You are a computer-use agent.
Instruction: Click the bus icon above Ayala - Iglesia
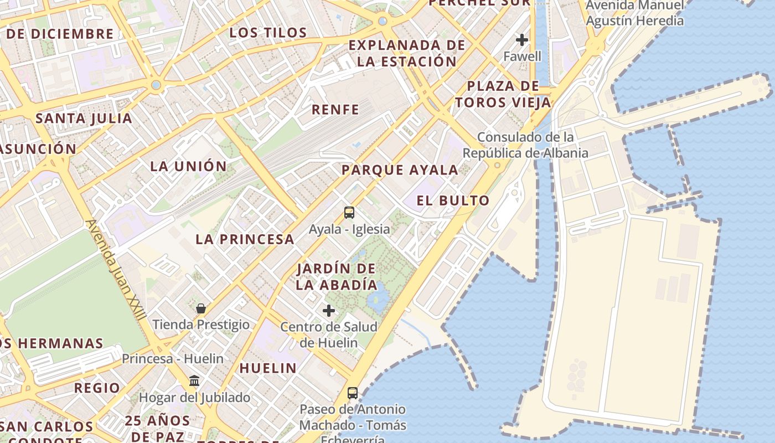[349, 213]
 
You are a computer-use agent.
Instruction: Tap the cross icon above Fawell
[522, 40]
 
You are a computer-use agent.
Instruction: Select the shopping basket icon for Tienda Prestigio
[201, 308]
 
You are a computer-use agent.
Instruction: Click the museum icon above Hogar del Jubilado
[194, 381]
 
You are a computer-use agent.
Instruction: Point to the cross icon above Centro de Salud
[329, 311]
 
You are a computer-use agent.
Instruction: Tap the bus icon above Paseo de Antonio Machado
[353, 393]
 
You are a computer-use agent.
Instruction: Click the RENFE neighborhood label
[335, 110]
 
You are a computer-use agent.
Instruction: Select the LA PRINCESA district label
[245, 239]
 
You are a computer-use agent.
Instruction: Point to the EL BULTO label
[453, 200]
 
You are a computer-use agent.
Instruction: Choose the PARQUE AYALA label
[400, 170]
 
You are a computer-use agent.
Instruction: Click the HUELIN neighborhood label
[268, 368]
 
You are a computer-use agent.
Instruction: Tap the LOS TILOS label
[268, 33]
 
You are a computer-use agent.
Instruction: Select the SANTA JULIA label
[84, 118]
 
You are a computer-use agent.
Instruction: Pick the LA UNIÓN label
[189, 166]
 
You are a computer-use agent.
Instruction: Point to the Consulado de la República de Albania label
[525, 145]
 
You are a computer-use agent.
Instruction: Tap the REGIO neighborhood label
[97, 388]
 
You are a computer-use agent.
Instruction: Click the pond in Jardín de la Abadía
[379, 300]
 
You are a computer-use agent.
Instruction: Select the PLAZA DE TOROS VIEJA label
[503, 94]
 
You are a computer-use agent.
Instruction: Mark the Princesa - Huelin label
[173, 359]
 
